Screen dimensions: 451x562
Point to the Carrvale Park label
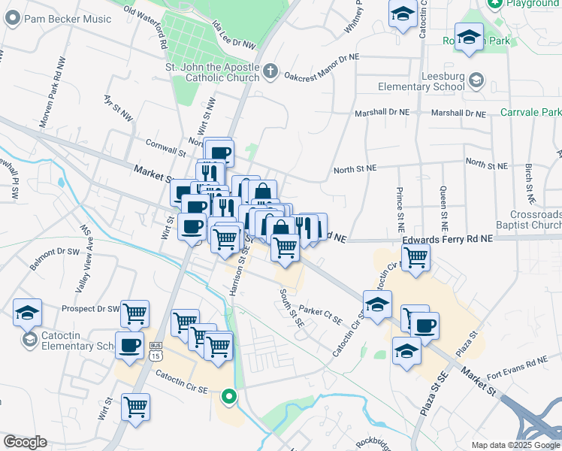point(530,113)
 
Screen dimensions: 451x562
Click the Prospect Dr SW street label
point(90,309)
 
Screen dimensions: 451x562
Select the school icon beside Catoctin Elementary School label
point(29,340)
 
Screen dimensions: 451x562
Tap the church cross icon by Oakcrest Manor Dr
point(270,73)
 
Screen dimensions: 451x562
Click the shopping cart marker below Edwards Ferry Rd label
point(415,257)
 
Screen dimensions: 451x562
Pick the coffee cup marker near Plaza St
point(425,325)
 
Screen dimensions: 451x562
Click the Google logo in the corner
point(25,442)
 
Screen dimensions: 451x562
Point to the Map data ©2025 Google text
point(515,445)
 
